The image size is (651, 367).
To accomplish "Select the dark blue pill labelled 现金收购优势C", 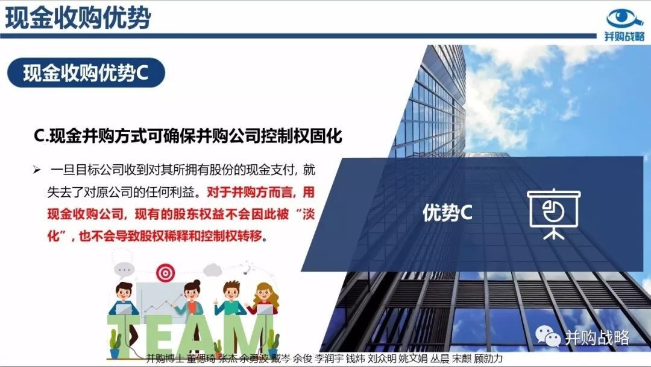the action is [86, 72].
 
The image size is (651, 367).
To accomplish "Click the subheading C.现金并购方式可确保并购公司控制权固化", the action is [187, 136].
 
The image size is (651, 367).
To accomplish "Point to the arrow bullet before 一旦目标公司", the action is [37, 170].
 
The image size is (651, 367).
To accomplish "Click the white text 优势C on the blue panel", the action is [447, 212].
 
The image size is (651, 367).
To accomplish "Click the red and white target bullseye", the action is [165, 273].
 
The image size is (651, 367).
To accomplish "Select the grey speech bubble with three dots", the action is [124, 270].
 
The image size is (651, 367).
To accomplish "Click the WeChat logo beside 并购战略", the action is [547, 336].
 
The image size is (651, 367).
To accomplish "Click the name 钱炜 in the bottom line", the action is [356, 359].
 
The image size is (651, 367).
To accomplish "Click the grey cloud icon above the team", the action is [213, 270].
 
